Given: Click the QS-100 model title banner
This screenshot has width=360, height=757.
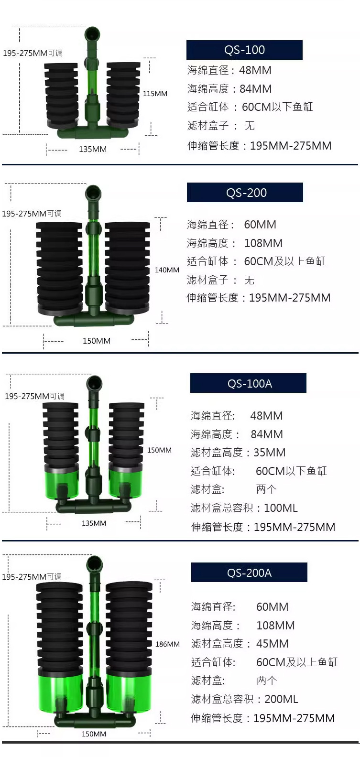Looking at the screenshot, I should click(x=244, y=50).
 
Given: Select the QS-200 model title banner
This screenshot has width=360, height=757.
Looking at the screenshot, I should click(x=245, y=193).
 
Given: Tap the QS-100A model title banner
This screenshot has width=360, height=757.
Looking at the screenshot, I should click(x=248, y=383).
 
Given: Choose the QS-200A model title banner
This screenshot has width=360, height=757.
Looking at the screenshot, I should click(x=249, y=573).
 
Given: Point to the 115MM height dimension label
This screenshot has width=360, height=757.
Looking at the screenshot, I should click(x=155, y=94).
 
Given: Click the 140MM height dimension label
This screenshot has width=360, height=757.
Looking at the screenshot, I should click(x=167, y=270).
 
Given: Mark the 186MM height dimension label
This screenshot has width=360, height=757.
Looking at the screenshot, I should click(x=167, y=644).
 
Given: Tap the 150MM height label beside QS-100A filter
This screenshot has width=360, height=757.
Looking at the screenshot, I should click(x=159, y=450).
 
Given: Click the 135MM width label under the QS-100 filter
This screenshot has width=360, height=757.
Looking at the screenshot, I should click(x=93, y=150).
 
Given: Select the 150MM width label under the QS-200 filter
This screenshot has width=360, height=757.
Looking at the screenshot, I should click(x=96, y=341).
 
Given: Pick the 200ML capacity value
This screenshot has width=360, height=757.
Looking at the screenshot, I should click(x=281, y=699).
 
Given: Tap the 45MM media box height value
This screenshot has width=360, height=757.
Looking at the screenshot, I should click(x=273, y=644).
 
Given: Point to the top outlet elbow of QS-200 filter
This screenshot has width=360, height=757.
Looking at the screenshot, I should click(x=93, y=194).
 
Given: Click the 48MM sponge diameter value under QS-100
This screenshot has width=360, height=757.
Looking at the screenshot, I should click(x=255, y=70).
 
